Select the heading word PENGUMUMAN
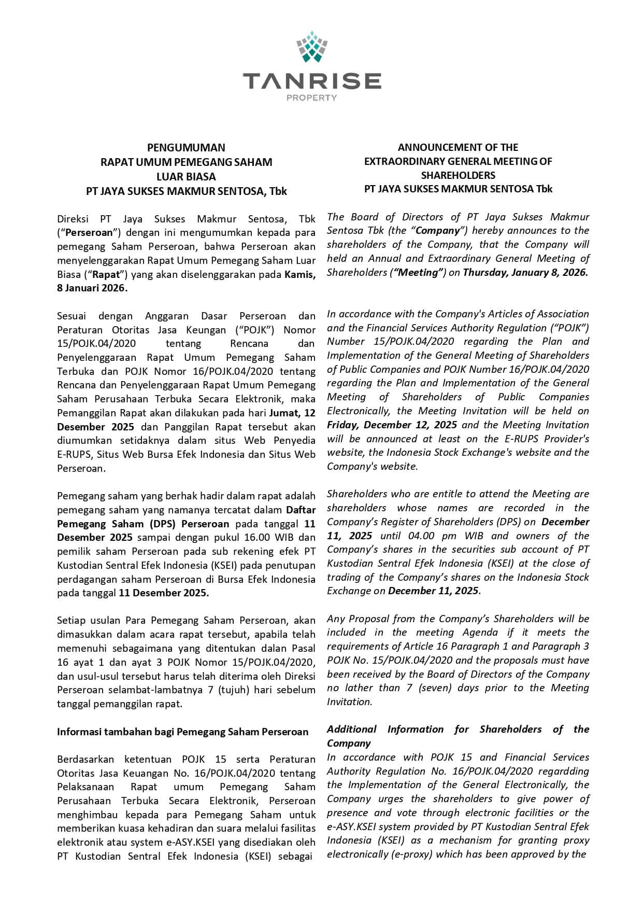186,148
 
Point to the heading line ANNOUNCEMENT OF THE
458,147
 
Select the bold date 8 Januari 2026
92,288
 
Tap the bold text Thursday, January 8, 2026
525,273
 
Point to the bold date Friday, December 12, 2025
392,425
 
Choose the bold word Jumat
284,413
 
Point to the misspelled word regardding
563,771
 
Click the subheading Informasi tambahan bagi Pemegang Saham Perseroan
182,732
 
